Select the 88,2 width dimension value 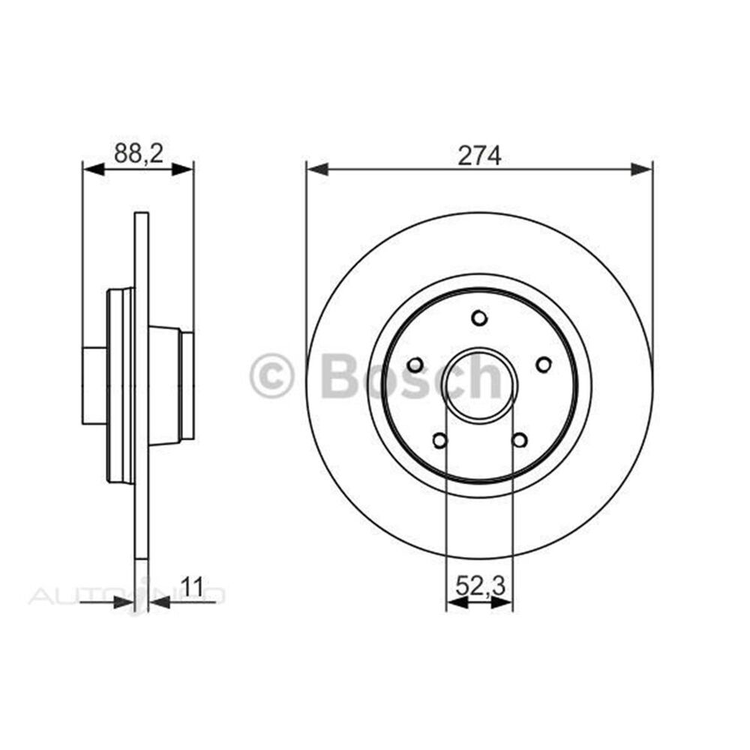[137, 154]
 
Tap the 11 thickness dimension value [193, 586]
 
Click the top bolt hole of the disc [479, 318]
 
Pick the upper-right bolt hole [544, 364]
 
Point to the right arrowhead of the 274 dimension [642, 169]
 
